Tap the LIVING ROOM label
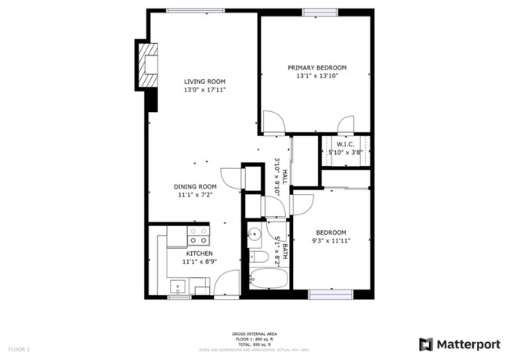(x=204, y=81)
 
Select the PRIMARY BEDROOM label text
(x=316, y=68)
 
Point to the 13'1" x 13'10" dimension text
(x=316, y=77)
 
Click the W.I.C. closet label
(x=346, y=144)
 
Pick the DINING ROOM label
(x=195, y=186)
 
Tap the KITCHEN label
(x=199, y=254)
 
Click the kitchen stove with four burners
(x=198, y=236)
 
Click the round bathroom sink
(x=254, y=234)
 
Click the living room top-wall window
(x=193, y=10)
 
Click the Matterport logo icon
(x=426, y=344)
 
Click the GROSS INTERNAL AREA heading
(x=254, y=333)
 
